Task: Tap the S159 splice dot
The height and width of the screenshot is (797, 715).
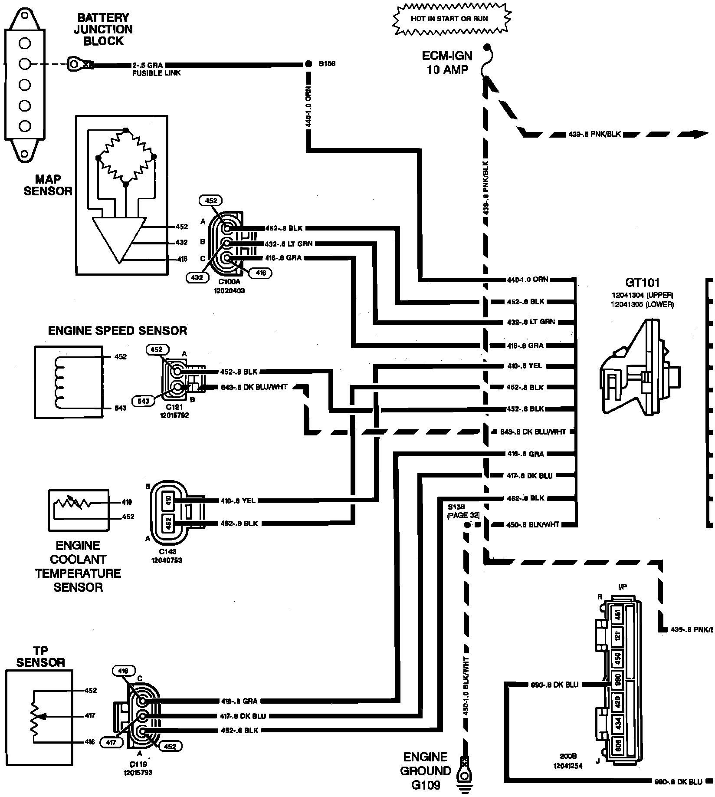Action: coord(308,64)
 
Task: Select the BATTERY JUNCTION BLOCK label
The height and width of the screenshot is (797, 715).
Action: coord(103,30)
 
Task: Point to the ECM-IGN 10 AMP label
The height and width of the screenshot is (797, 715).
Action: coord(447,63)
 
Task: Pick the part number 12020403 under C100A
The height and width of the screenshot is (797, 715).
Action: coord(229,290)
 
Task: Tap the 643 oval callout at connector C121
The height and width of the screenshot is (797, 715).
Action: coord(143,401)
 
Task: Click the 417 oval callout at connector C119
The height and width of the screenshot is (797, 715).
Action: coord(112,743)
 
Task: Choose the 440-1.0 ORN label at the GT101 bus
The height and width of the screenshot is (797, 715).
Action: coord(527,280)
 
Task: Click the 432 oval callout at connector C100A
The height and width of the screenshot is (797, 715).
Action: coord(197,277)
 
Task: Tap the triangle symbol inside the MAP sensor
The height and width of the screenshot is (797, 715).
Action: coord(119,239)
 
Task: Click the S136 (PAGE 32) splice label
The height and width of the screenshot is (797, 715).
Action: coord(463,511)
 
